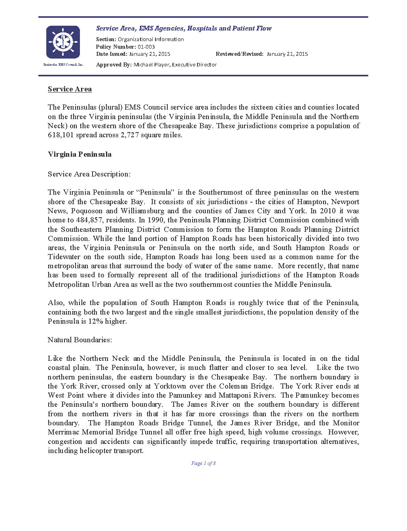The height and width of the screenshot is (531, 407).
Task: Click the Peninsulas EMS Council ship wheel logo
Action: (x=63, y=42)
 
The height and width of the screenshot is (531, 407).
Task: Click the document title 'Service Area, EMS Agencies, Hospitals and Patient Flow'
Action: (x=184, y=28)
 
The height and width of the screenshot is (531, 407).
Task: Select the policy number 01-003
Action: (x=146, y=47)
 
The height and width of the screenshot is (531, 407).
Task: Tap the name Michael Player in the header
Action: (x=151, y=64)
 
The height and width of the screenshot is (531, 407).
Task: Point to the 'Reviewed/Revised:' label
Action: (x=239, y=54)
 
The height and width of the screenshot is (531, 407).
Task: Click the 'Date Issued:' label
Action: (x=112, y=54)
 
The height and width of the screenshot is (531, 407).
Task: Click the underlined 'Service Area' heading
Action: (x=70, y=89)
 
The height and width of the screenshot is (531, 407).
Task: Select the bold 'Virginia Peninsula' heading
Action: (x=80, y=154)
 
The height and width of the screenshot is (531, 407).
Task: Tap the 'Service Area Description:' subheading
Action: (x=89, y=174)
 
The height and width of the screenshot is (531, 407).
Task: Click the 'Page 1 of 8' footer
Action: (x=203, y=463)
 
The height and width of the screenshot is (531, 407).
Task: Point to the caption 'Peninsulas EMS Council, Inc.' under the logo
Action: (x=63, y=64)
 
